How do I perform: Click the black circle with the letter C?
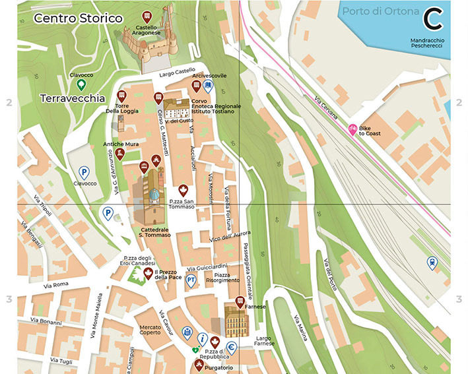[x=433, y=19]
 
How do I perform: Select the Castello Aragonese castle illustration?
[x=151, y=44]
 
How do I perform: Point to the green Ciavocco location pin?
[x=81, y=84]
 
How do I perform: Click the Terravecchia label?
[x=73, y=98]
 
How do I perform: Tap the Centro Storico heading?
[x=78, y=18]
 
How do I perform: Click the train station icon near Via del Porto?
[x=432, y=263]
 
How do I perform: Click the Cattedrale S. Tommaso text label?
[x=154, y=232]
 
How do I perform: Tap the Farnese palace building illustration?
[x=235, y=323]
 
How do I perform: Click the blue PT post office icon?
[x=191, y=281]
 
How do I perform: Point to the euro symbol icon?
[x=232, y=348]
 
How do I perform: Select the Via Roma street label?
[x=56, y=284]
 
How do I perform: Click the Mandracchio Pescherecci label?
[x=426, y=44]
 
